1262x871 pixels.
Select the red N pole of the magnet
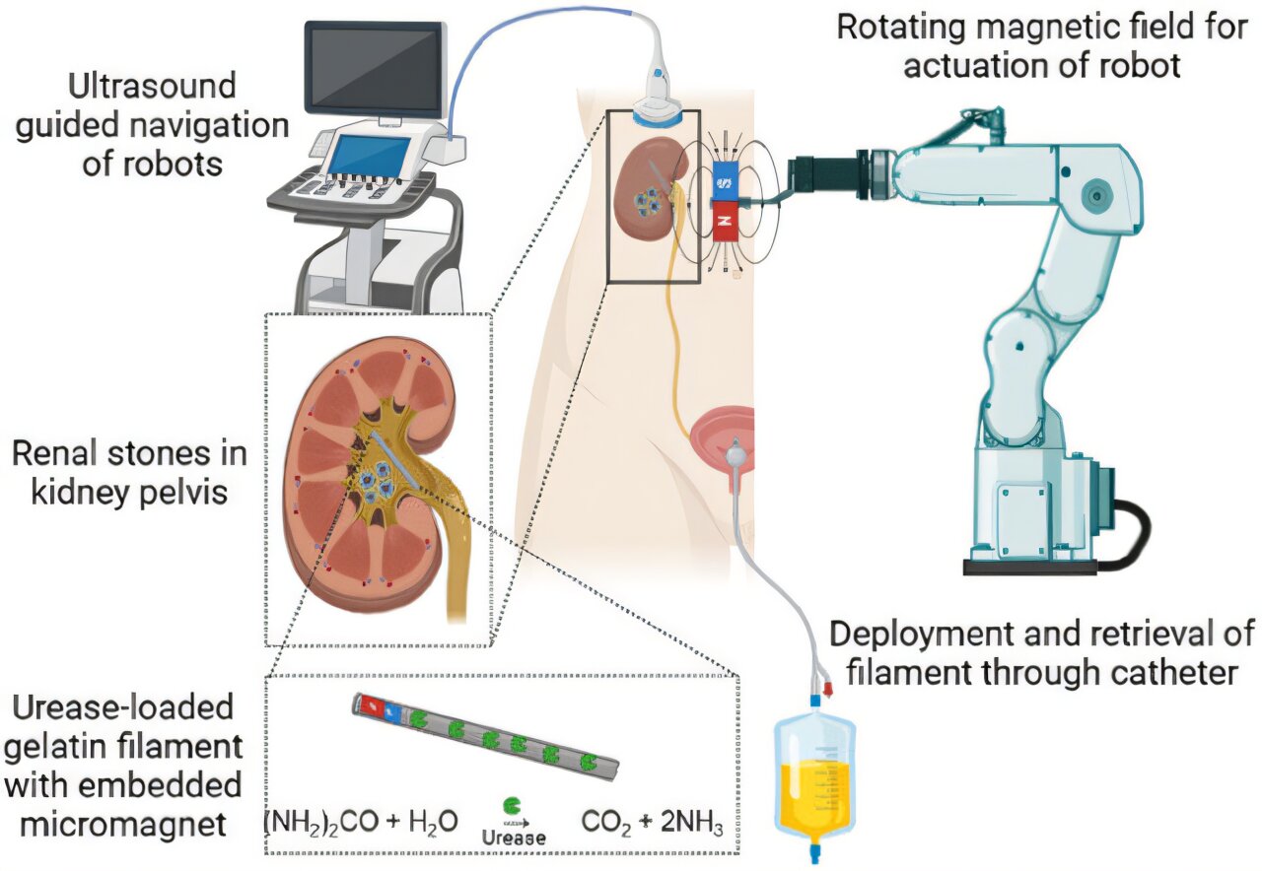pyautogui.click(x=726, y=222)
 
